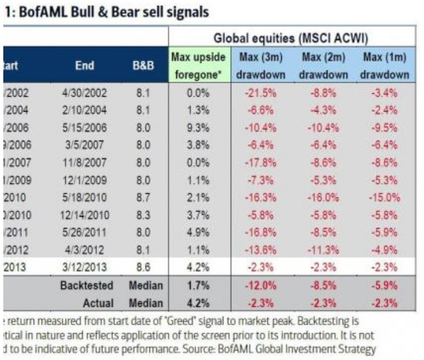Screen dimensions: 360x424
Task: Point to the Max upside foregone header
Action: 199,65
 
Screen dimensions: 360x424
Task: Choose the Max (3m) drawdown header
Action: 261,65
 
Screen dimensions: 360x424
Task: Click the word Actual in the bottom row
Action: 102,303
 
